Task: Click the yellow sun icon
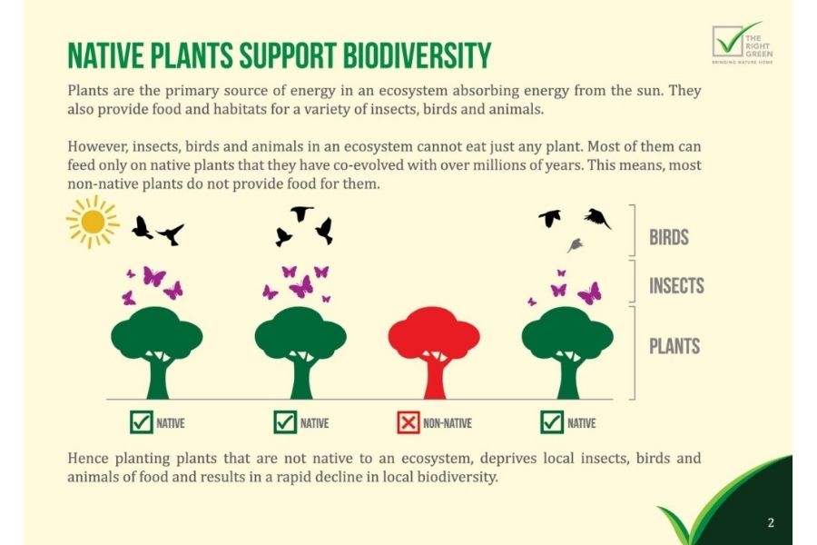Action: click(93, 222)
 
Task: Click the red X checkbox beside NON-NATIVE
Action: click(408, 422)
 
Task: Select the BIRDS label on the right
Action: click(668, 237)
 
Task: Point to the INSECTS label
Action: click(676, 285)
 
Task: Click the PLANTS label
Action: click(674, 346)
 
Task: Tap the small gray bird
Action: click(576, 244)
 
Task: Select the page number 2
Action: click(771, 522)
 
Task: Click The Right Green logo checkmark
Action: click(735, 40)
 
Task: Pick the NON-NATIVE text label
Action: click(447, 423)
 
